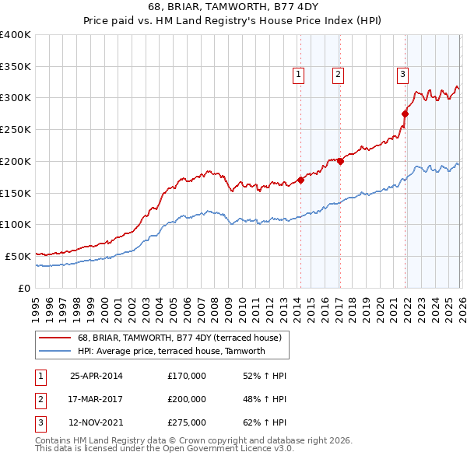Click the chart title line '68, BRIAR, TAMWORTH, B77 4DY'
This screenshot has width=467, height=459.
233,8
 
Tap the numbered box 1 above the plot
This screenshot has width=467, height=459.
299,75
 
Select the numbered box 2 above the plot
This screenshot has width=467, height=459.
339,75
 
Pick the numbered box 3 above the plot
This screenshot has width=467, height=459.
402,75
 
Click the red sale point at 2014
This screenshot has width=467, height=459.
300,180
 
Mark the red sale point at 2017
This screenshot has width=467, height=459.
340,161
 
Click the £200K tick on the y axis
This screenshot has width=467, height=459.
16,161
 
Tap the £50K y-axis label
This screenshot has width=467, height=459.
18,256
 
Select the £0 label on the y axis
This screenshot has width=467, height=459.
24,288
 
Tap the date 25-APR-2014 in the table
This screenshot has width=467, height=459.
97,376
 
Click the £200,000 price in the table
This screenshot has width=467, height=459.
187,399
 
